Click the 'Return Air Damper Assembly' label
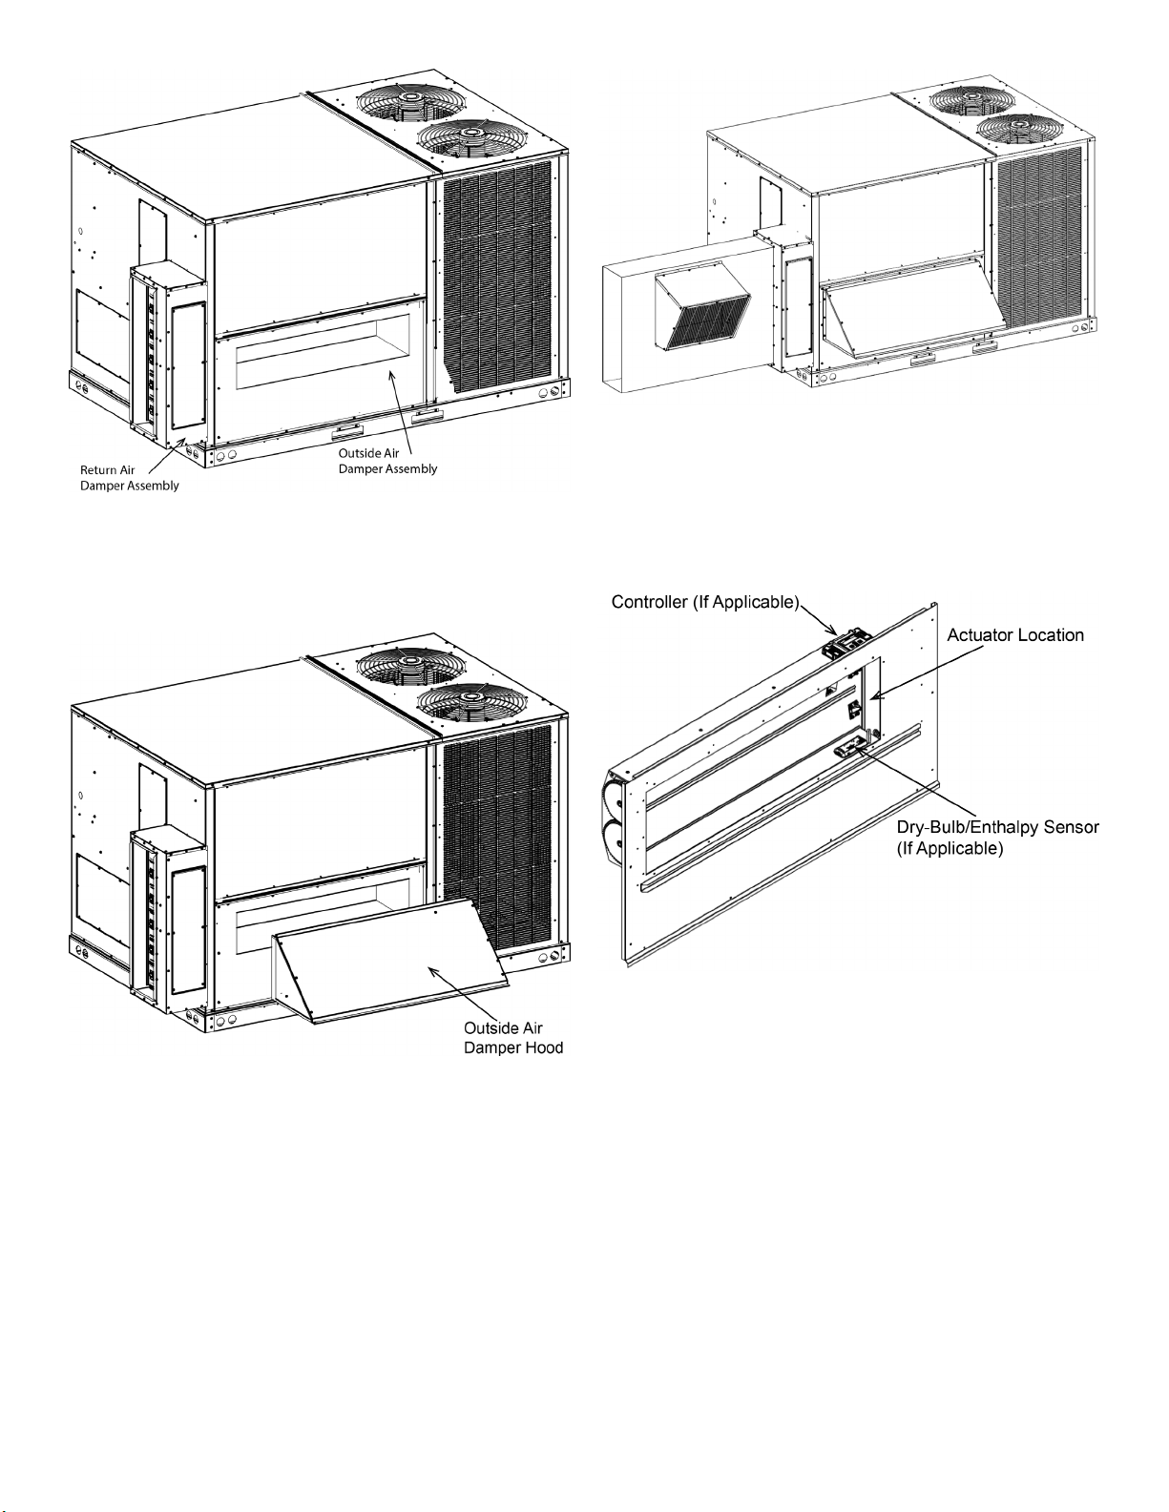[x=129, y=478]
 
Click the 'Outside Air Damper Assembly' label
[x=387, y=461]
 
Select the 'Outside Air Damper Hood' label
[x=513, y=1038]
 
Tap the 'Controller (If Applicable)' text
[x=705, y=602]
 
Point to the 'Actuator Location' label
[x=1015, y=635]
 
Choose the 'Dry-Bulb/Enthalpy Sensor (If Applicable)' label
[x=998, y=837]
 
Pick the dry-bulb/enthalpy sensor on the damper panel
[x=849, y=750]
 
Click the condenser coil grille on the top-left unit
[x=497, y=275]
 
